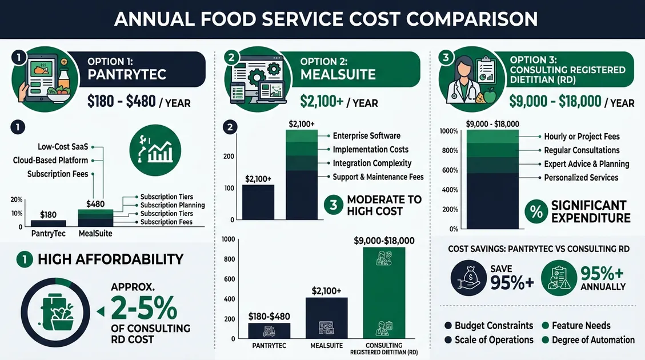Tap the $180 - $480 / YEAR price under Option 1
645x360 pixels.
pyautogui.click(x=139, y=102)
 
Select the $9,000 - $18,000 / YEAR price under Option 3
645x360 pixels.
pyautogui.click(x=571, y=102)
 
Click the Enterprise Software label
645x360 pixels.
pyautogui.click(x=366, y=136)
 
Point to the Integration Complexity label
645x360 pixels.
pyautogui.click(x=372, y=163)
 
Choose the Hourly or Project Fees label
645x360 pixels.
pyautogui.click(x=582, y=137)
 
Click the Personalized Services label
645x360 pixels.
pyautogui.click(x=581, y=178)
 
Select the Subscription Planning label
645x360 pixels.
pyautogui.click(x=173, y=205)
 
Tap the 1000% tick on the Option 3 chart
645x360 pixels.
pyautogui.click(x=448, y=131)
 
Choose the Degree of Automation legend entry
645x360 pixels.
pyautogui.click(x=592, y=340)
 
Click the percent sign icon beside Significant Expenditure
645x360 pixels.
pyautogui.click(x=536, y=211)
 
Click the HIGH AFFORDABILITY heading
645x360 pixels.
pyautogui.click(x=110, y=259)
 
